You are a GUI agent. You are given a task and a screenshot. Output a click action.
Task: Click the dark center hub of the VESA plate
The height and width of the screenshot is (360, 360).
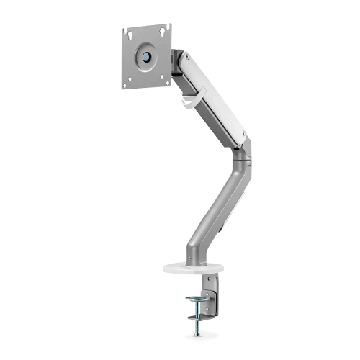coord(147,55)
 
